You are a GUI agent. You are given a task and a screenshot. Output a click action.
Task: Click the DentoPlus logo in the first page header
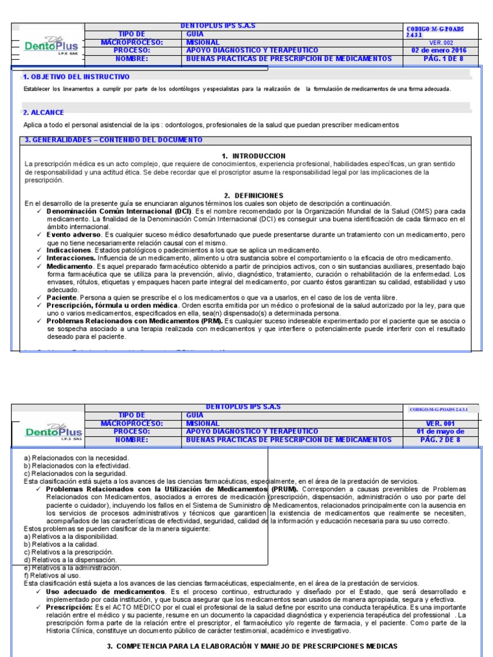click(48, 45)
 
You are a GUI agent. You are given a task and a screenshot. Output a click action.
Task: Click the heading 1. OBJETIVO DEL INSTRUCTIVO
click(76, 76)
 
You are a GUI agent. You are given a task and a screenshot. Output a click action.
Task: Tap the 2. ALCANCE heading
click(44, 112)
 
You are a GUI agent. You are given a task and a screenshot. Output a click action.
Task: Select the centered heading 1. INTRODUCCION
click(253, 156)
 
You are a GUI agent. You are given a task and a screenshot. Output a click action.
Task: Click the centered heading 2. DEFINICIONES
click(254, 195)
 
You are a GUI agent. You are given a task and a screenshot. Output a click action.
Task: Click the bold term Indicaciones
click(69, 250)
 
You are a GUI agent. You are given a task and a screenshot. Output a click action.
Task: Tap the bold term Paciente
click(62, 298)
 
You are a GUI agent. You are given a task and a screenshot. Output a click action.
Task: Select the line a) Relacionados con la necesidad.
click(76, 457)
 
